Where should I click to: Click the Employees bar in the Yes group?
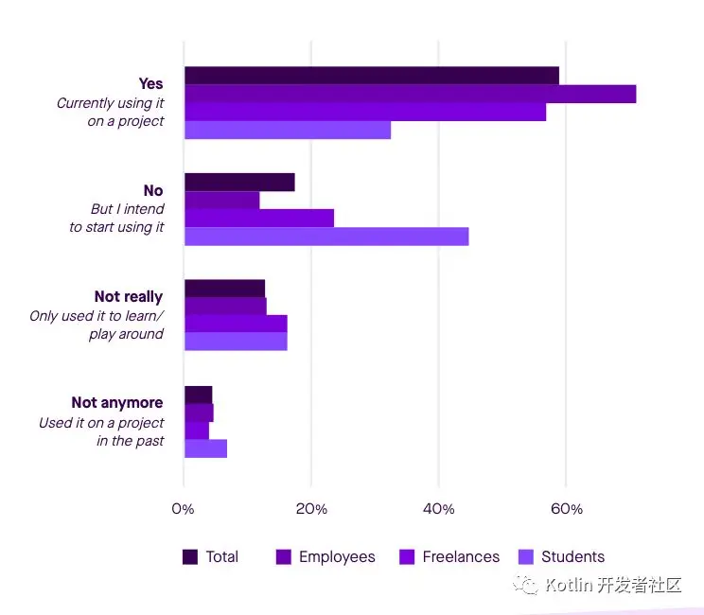click(x=410, y=94)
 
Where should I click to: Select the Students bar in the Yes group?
click(x=288, y=130)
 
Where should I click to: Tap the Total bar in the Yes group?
click(x=371, y=76)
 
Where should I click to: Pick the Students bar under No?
click(x=326, y=237)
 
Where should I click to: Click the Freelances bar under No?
click(x=259, y=219)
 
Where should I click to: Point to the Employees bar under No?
click(x=221, y=201)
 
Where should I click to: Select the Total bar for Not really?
click(x=224, y=289)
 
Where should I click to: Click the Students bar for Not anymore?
click(x=205, y=448)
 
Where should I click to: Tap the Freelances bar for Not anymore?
click(x=197, y=430)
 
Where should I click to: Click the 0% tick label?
click(x=183, y=509)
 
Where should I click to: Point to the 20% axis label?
click(x=311, y=509)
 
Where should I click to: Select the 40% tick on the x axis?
click(x=439, y=509)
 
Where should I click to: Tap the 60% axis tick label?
click(x=566, y=509)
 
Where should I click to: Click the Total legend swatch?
click(x=190, y=557)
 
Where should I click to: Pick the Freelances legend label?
click(x=461, y=557)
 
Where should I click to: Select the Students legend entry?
click(x=572, y=557)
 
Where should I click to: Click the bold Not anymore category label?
click(x=117, y=403)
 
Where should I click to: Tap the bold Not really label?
click(x=129, y=297)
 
